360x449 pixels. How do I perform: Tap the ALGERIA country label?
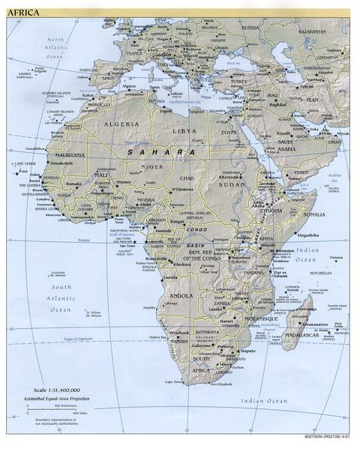tap(121, 123)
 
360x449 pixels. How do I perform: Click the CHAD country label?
tap(187, 178)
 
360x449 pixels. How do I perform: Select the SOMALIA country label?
tap(293, 214)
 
